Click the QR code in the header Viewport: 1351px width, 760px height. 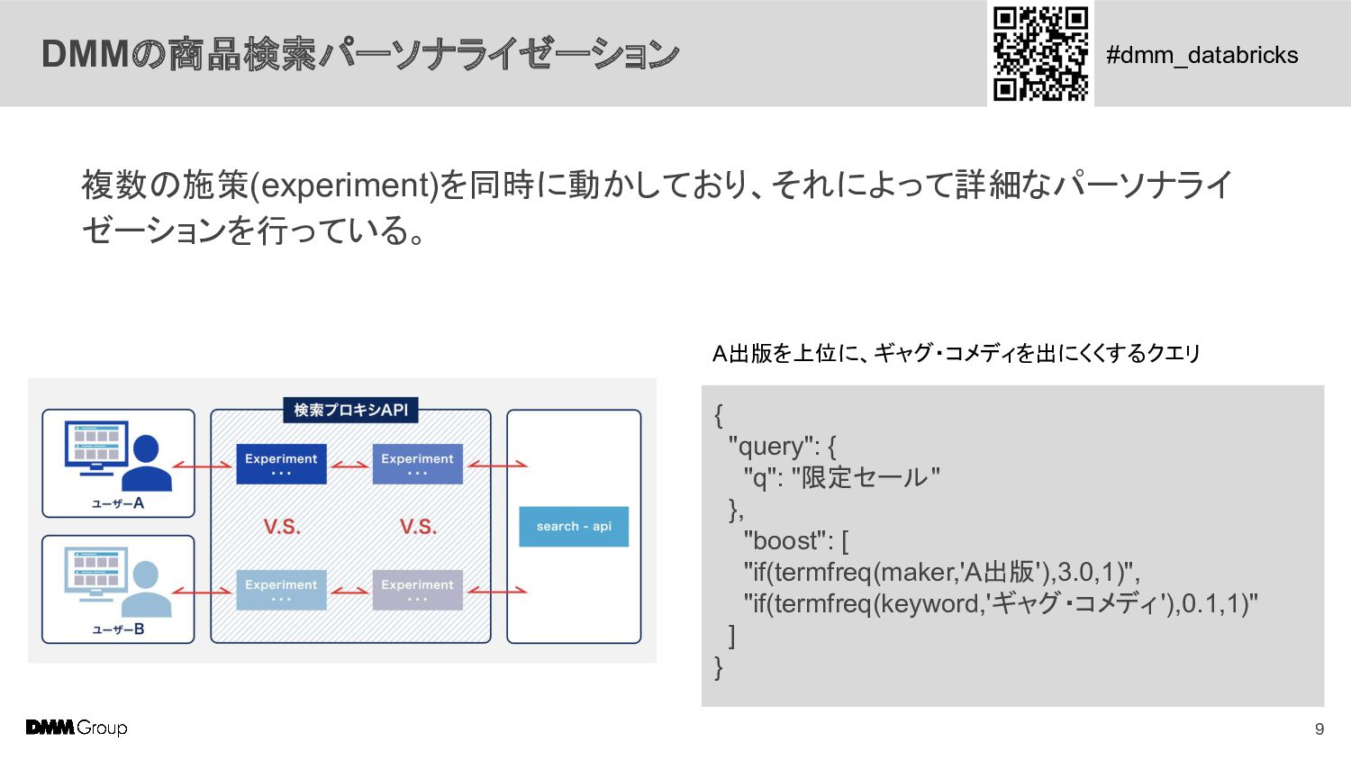[x=1040, y=53]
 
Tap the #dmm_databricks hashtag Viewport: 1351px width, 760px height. [x=1201, y=55]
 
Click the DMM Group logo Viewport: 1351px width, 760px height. [x=77, y=728]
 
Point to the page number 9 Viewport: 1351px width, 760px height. [x=1319, y=729]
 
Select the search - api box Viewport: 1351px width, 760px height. [x=574, y=527]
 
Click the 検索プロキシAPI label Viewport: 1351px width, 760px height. [x=350, y=411]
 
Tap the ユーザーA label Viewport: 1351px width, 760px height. [x=118, y=503]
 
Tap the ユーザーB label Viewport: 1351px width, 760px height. [x=118, y=629]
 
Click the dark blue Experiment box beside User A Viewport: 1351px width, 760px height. [x=281, y=464]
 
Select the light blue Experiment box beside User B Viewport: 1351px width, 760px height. [x=281, y=590]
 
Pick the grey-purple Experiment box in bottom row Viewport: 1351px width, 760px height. [x=417, y=590]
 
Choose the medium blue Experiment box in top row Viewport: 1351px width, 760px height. [x=417, y=464]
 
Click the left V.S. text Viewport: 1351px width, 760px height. [x=282, y=527]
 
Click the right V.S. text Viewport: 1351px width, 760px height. [x=418, y=527]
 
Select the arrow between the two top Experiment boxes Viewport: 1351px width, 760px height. [x=349, y=465]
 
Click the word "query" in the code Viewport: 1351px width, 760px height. [x=771, y=447]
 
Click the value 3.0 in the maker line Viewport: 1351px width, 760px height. [x=1075, y=573]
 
